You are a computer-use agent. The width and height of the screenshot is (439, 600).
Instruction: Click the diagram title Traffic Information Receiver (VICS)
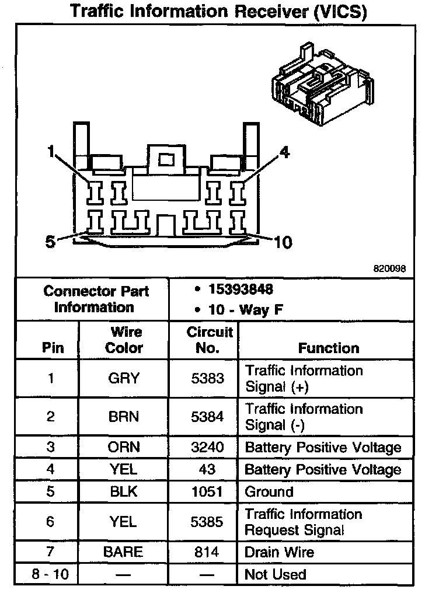[219, 11]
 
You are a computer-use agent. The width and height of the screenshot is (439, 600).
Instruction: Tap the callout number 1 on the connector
[52, 153]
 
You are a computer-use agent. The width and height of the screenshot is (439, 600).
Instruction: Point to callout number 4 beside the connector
[284, 153]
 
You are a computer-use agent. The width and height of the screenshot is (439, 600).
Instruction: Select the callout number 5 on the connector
[51, 240]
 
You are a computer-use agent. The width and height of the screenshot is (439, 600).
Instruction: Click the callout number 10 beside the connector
[283, 241]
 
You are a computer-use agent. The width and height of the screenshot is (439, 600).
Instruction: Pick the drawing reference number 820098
[389, 269]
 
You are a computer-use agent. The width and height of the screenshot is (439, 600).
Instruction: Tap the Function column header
[329, 348]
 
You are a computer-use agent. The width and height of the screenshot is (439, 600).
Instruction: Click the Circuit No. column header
[210, 340]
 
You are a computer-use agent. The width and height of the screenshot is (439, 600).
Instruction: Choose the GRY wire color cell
[124, 378]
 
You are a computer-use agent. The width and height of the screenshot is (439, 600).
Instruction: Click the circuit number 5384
[208, 417]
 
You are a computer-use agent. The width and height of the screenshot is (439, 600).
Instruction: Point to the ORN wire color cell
[124, 448]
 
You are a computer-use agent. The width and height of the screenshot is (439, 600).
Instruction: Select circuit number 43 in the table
[207, 469]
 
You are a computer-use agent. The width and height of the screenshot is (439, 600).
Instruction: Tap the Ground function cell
[269, 491]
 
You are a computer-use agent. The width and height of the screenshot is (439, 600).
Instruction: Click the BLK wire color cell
[124, 491]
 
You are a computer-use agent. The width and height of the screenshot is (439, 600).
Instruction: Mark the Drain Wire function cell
[279, 552]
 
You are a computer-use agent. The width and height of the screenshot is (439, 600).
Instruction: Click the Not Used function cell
[276, 574]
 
